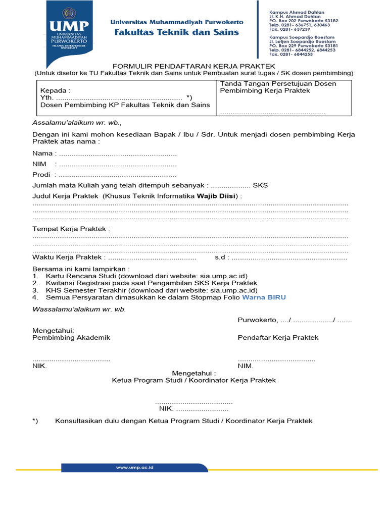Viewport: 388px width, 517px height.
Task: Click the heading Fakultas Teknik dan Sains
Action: (x=177, y=32)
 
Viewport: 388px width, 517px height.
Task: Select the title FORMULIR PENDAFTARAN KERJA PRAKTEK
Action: (x=193, y=66)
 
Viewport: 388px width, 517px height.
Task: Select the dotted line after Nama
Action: (x=117, y=153)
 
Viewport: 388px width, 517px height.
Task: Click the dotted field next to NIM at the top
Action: (x=117, y=164)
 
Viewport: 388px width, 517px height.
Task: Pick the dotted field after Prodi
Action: (x=117, y=175)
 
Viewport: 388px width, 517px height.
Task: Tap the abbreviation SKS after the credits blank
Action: (x=260, y=185)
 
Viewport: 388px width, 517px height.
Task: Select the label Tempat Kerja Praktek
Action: (x=71, y=229)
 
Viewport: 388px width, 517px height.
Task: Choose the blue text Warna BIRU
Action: (x=264, y=297)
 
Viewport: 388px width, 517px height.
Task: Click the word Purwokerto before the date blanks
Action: (x=257, y=320)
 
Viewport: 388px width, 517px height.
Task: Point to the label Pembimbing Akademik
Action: (x=71, y=337)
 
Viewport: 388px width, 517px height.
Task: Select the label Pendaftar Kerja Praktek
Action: (x=278, y=337)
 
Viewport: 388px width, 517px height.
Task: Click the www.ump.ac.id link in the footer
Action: (x=134, y=468)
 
